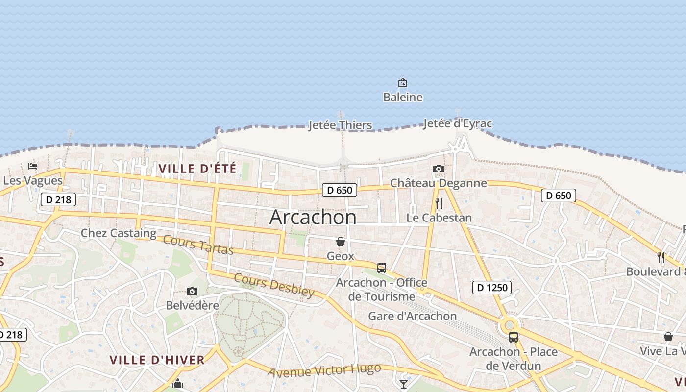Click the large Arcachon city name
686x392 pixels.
tap(313, 217)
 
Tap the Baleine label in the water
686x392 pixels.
tap(403, 97)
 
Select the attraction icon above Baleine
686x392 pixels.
tap(403, 83)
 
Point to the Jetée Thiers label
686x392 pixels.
tap(340, 125)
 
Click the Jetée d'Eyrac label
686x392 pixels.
tap(457, 123)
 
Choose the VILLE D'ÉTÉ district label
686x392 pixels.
tap(197, 169)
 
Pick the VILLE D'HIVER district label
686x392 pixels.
tap(157, 360)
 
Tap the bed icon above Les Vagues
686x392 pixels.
tap(33, 166)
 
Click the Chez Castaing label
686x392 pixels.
tap(119, 233)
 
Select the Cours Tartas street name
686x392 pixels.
tap(198, 245)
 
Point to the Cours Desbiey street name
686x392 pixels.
tap(274, 285)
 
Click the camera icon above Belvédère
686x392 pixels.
tap(192, 291)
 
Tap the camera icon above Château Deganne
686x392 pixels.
tap(439, 169)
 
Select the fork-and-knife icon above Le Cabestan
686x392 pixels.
tap(439, 203)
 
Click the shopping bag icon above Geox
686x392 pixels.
tap(341, 242)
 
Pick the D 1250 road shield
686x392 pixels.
tap(492, 288)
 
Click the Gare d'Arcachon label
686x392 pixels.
tap(413, 316)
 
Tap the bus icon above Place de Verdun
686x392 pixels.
tap(514, 337)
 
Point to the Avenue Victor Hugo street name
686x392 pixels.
tap(324, 370)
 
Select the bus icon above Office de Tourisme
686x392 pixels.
tap(382, 268)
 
